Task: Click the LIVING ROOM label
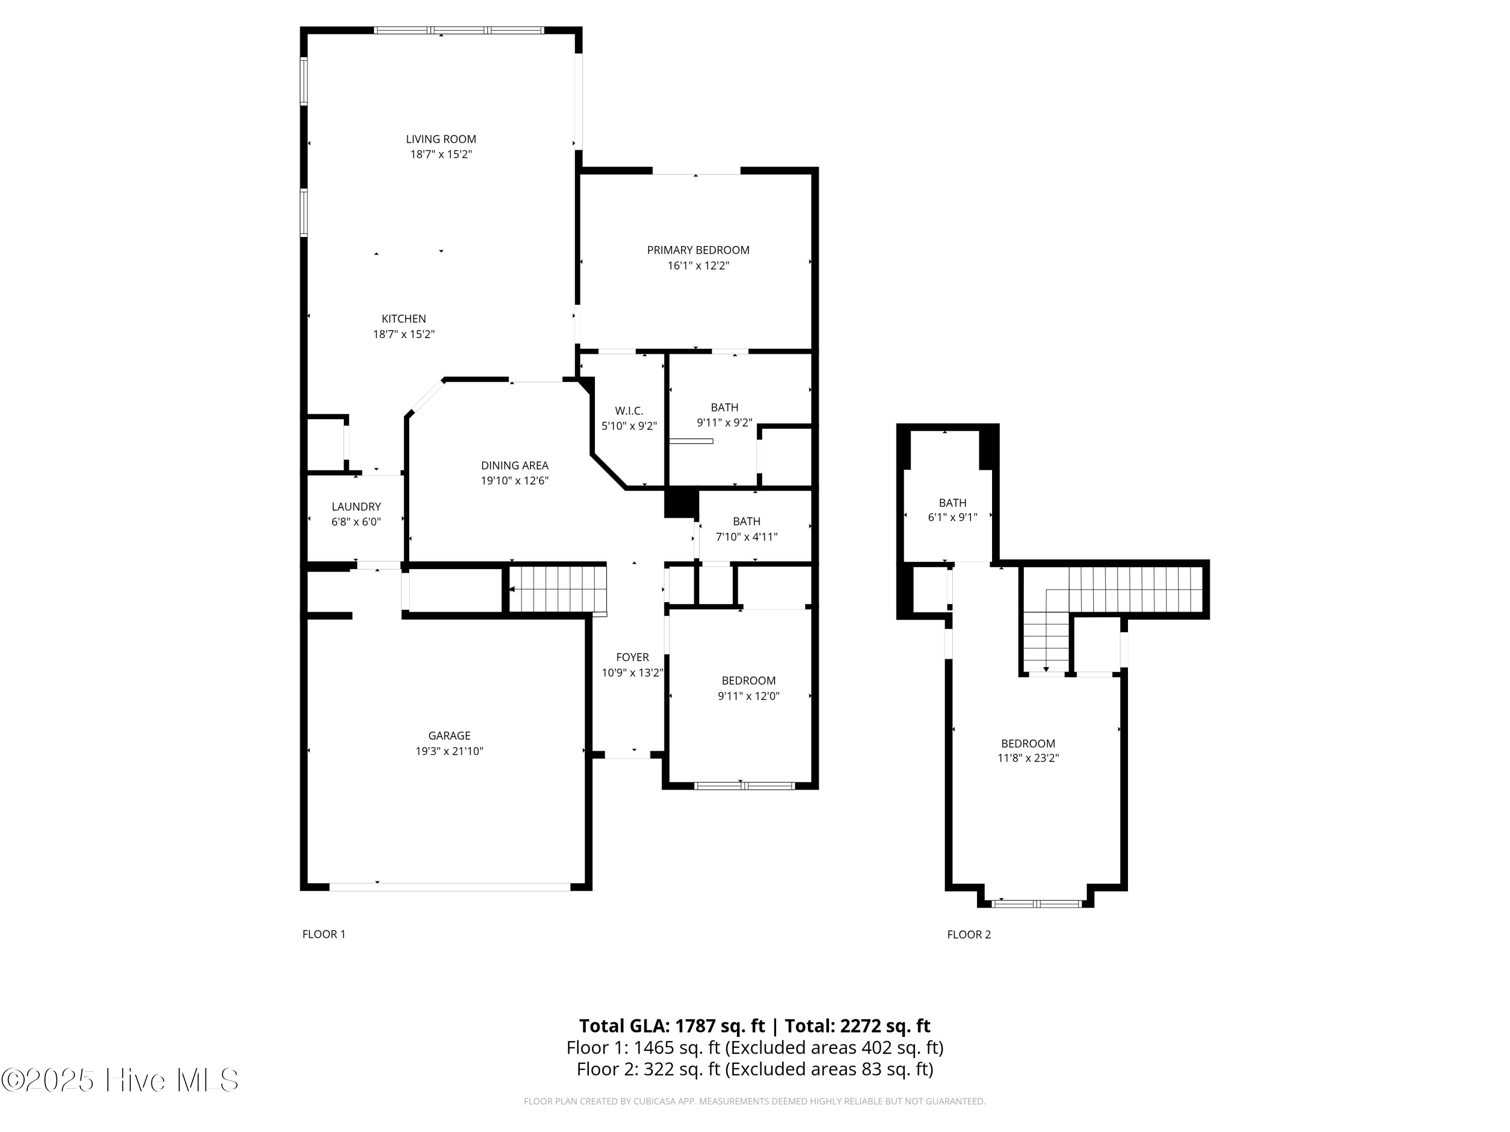click(441, 139)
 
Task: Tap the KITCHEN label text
click(404, 318)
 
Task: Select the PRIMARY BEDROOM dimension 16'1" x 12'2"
click(698, 266)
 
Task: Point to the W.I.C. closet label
click(629, 411)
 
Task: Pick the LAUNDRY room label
click(356, 506)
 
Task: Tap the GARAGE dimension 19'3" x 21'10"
click(449, 751)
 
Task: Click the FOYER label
click(632, 657)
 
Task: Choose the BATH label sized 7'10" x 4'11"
click(746, 521)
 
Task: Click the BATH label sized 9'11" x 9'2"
click(724, 408)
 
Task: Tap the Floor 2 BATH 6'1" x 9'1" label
click(952, 503)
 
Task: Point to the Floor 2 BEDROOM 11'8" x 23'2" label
click(1028, 744)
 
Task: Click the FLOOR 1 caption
click(324, 934)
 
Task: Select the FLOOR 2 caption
click(969, 935)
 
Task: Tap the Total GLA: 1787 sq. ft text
click(672, 1025)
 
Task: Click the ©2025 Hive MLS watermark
click(120, 1080)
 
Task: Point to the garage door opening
click(449, 887)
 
